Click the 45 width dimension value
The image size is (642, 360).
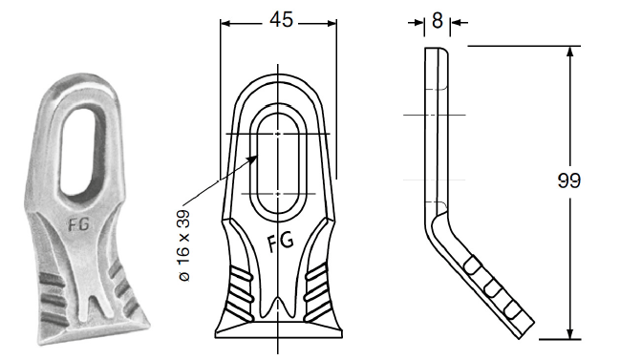click(281, 20)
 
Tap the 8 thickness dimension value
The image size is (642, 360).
click(438, 20)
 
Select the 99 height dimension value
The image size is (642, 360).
click(569, 180)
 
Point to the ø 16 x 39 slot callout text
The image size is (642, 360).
click(184, 245)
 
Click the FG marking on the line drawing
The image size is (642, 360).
click(281, 242)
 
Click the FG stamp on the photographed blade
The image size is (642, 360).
click(78, 224)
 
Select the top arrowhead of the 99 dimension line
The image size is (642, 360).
click(569, 53)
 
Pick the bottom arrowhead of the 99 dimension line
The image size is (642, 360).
click(569, 333)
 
